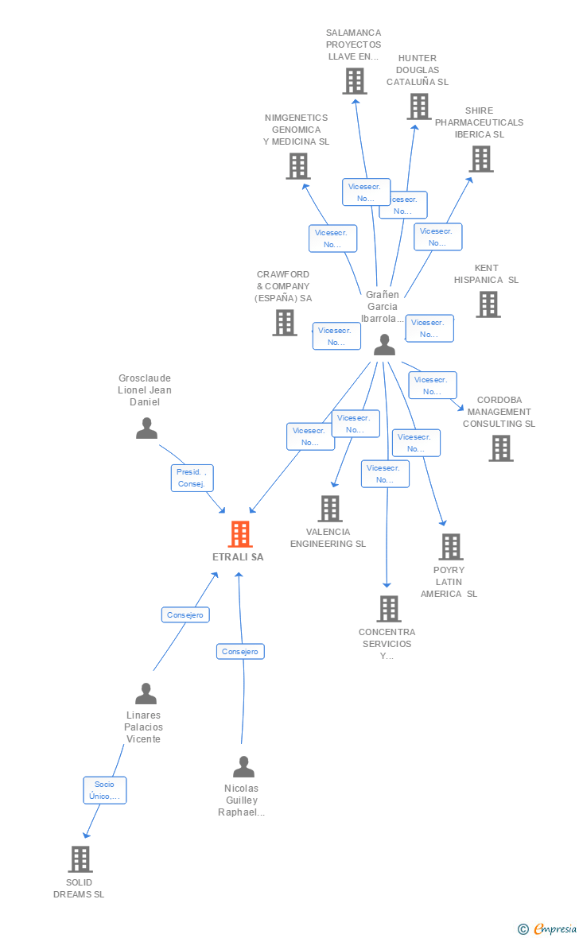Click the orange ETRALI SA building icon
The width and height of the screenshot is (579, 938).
[240, 534]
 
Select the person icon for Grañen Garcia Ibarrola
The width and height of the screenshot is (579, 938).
[384, 344]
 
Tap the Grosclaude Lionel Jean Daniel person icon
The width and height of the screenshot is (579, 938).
[146, 428]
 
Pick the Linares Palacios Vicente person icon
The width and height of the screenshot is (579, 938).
[146, 694]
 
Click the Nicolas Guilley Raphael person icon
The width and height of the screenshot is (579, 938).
[243, 767]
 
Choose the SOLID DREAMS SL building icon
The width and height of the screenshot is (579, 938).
[80, 859]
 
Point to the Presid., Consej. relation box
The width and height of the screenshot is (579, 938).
[192, 478]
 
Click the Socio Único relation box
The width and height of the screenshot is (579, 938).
[104, 790]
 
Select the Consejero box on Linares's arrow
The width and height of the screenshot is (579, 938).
[185, 614]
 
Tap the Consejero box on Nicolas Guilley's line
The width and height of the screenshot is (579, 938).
[240, 651]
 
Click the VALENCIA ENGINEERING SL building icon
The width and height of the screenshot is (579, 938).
[330, 509]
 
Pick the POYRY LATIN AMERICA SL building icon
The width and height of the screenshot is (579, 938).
[451, 547]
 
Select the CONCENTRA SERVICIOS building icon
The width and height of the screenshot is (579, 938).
[388, 609]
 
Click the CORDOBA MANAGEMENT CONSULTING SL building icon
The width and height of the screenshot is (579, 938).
[500, 448]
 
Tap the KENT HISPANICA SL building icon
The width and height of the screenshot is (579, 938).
[488, 304]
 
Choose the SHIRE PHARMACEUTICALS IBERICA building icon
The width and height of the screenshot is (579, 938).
[480, 159]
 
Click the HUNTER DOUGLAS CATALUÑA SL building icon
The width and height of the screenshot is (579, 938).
[418, 107]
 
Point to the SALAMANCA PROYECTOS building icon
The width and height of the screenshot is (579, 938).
[354, 81]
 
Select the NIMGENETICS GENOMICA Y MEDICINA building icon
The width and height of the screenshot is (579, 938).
[297, 166]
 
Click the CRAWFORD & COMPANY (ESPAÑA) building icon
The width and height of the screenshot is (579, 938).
[285, 323]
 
